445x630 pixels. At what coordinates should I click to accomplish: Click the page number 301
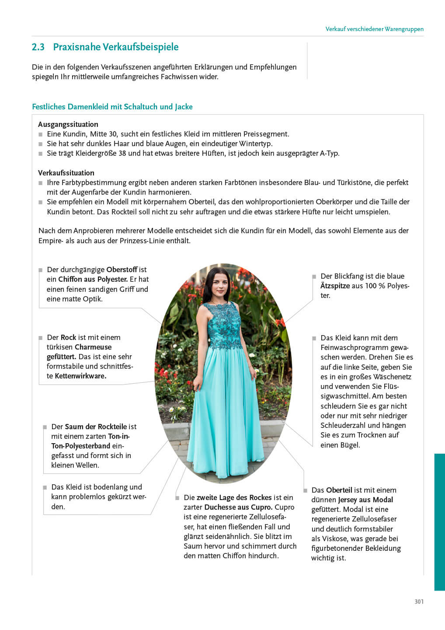[419, 602]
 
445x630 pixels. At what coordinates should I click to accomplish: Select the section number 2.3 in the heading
[38, 47]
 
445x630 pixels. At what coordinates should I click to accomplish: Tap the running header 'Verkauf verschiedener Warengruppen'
[374, 29]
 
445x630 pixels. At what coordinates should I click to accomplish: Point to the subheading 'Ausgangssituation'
[68, 124]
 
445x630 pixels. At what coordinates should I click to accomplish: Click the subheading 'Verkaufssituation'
[66, 173]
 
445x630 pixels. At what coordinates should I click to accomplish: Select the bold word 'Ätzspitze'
[335, 286]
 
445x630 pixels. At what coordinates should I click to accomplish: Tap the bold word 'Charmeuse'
[93, 347]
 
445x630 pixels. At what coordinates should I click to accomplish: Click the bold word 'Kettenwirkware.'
[80, 376]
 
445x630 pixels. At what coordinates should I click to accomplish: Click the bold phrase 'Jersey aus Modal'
[365, 500]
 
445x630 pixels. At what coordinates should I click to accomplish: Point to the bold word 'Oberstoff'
[122, 269]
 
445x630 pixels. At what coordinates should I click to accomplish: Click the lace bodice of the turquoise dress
[224, 326]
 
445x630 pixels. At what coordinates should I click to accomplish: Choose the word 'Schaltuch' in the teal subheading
[141, 107]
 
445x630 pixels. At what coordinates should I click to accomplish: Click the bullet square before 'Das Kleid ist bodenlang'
[45, 487]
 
